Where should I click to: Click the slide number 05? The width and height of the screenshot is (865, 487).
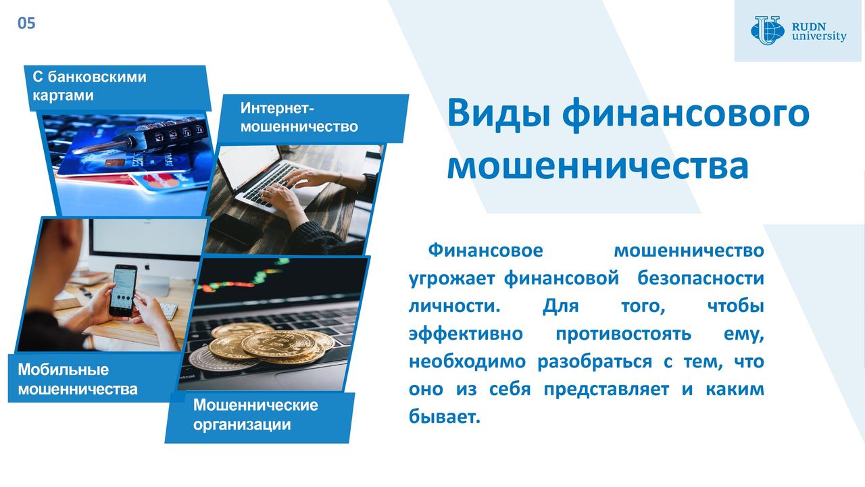pos(26,23)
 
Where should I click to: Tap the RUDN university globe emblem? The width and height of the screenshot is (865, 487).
pos(767,30)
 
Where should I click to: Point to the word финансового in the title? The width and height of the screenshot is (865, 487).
pos(685,115)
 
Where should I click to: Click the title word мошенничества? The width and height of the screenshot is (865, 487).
pos(598,166)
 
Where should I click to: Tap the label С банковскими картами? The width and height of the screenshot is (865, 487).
pos(90,86)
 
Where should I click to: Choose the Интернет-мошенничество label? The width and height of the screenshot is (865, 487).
pos(299,118)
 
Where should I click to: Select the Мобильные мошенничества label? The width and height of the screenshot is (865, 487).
pos(78,380)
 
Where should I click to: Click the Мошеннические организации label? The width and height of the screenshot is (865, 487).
pos(255,415)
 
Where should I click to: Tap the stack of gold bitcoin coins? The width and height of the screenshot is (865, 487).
pos(278,343)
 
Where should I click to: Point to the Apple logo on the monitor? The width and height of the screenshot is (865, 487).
pos(147,267)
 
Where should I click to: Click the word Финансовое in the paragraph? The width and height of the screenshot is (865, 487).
pos(485,251)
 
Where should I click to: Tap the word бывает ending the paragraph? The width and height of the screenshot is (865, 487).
pos(445,416)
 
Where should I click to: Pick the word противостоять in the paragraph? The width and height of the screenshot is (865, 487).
pos(623,334)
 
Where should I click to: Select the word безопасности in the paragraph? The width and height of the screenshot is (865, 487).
pos(701,278)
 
